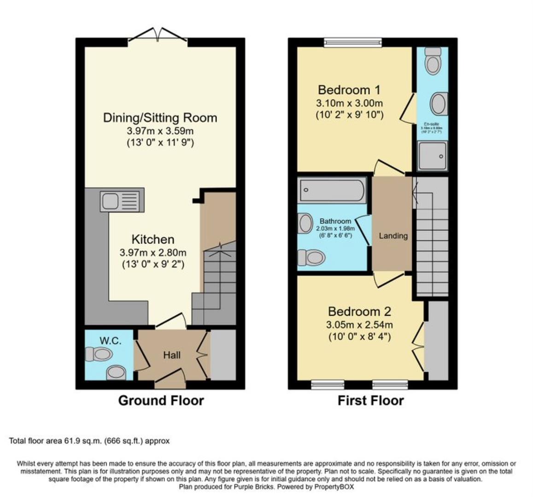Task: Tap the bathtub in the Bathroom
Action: click(x=332, y=190)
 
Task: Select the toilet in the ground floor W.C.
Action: click(x=99, y=354)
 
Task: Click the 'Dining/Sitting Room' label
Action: click(x=160, y=118)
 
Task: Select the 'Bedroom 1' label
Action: click(x=350, y=89)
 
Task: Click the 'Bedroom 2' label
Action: click(x=359, y=312)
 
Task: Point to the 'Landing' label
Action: click(x=393, y=236)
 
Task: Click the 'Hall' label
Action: click(x=172, y=355)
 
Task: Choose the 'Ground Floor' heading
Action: click(x=161, y=400)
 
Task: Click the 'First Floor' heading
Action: click(x=370, y=400)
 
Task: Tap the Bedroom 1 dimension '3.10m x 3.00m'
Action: click(x=350, y=103)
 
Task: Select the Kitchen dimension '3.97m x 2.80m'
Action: click(x=153, y=253)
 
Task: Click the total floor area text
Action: click(x=89, y=441)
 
